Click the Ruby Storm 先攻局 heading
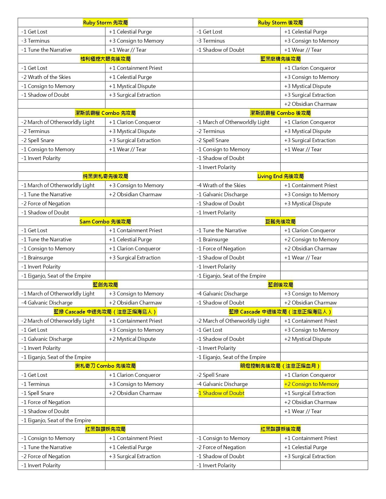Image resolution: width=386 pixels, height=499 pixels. (x=105, y=23)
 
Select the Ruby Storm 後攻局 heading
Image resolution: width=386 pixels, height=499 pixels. (x=280, y=23)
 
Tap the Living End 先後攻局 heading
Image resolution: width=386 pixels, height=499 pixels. (x=280, y=176)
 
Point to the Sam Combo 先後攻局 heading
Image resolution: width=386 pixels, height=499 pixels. (x=105, y=222)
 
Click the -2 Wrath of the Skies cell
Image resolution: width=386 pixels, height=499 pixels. (x=46, y=77)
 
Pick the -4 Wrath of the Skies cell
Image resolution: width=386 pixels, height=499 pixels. (x=221, y=185)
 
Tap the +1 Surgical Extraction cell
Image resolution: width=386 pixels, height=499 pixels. (x=310, y=393)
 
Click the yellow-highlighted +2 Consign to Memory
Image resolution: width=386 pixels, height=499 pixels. (x=312, y=384)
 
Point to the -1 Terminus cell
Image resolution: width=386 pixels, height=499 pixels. (x=35, y=384)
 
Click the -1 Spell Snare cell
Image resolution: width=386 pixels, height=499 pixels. (x=38, y=393)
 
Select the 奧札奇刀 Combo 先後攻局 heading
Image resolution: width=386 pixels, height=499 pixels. (x=105, y=366)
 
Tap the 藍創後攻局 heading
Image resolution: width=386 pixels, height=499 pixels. (x=280, y=285)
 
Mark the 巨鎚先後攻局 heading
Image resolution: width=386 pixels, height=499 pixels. (x=280, y=222)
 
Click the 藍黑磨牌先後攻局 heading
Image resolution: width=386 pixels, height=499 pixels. (x=280, y=59)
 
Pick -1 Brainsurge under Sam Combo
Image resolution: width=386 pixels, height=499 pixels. (x=37, y=258)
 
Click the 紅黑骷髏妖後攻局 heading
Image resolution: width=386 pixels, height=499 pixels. (x=280, y=429)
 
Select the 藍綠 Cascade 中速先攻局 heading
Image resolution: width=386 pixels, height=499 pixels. (x=105, y=312)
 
